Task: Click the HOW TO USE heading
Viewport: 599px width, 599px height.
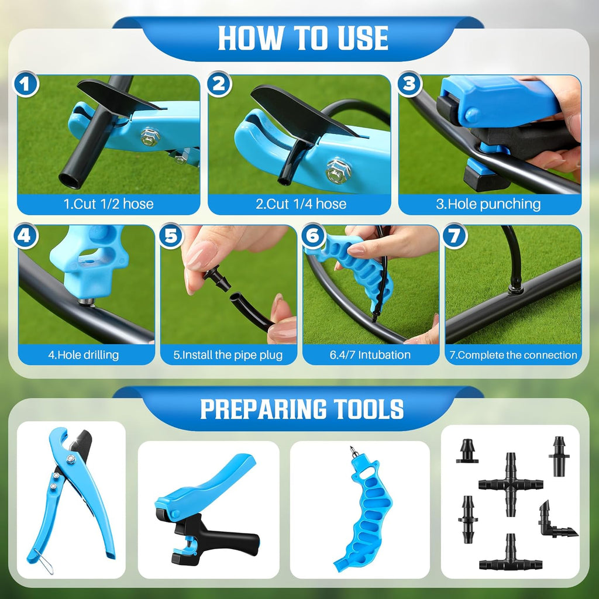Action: (x=303, y=38)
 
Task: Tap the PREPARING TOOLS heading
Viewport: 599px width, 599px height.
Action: (x=302, y=409)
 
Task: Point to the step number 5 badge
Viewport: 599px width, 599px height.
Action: (x=170, y=236)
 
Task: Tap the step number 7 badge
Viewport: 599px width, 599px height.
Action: (x=454, y=236)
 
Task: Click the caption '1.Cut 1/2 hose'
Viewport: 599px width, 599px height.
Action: (x=108, y=204)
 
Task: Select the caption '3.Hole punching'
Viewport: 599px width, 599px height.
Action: (x=489, y=204)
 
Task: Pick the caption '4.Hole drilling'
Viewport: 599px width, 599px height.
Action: (x=83, y=354)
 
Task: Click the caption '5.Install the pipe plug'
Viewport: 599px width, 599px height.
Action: (x=228, y=354)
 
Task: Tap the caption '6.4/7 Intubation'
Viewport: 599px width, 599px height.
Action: (x=370, y=354)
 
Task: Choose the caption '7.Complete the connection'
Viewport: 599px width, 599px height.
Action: (x=513, y=354)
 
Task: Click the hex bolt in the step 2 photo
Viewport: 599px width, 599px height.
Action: (x=338, y=171)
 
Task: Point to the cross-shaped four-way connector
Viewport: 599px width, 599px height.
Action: (x=511, y=484)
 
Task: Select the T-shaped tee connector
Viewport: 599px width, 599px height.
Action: (x=511, y=556)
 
